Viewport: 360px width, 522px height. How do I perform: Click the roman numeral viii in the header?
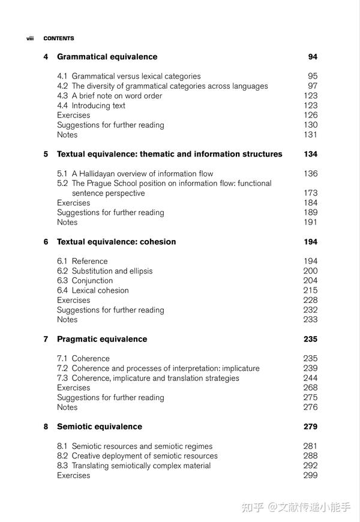(x=30, y=38)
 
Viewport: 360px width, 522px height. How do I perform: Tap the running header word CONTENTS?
(x=59, y=38)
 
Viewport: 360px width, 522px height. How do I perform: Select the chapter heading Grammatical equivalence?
(x=107, y=57)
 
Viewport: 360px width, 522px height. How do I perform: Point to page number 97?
(x=312, y=86)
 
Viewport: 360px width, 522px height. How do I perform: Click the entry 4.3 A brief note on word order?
(x=110, y=96)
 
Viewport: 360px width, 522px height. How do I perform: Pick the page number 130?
(x=310, y=125)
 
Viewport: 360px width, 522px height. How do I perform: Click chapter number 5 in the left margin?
(x=46, y=154)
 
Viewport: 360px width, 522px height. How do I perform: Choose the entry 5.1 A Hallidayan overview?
(x=135, y=173)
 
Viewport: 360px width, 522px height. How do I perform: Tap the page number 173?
(x=310, y=193)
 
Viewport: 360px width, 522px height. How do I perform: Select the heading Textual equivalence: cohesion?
(x=116, y=242)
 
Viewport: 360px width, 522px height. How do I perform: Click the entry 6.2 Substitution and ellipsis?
(x=105, y=271)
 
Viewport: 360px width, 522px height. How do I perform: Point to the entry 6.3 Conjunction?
(x=85, y=281)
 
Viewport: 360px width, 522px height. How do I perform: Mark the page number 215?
(x=310, y=290)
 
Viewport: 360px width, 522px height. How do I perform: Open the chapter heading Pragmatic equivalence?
(x=102, y=339)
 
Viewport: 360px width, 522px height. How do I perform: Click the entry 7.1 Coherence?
(x=83, y=358)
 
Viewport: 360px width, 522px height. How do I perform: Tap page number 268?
(x=310, y=388)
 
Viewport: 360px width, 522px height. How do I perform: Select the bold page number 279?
(x=310, y=427)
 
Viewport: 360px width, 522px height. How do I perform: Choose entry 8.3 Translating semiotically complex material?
(x=134, y=466)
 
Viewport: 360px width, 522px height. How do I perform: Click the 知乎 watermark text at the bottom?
(x=253, y=507)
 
